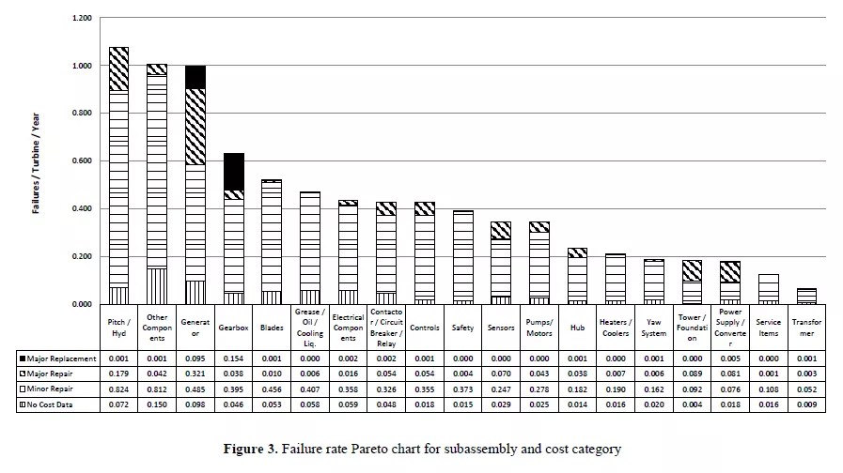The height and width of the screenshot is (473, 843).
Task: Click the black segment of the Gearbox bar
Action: point(233,172)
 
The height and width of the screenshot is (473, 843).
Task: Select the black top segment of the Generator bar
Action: point(195,77)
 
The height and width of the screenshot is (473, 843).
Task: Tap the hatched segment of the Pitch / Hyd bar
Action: point(118,69)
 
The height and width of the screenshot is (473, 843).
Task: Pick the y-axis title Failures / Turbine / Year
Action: point(37,160)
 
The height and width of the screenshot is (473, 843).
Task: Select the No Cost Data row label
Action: point(55,404)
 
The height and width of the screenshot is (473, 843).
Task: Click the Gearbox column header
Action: point(233,328)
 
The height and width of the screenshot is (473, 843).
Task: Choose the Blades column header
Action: point(271,328)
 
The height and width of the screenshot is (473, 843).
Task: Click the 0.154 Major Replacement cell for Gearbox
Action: point(233,358)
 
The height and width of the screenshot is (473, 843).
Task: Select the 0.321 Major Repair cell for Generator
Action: point(195,373)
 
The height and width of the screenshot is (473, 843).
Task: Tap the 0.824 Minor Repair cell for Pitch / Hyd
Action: point(118,389)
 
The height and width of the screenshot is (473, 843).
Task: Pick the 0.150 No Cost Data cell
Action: point(156,404)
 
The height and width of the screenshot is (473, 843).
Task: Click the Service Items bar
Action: point(767,288)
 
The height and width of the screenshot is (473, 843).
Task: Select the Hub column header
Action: point(576,328)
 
